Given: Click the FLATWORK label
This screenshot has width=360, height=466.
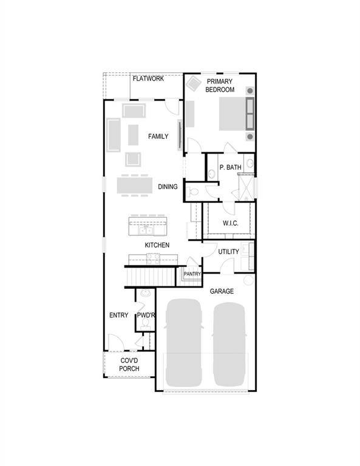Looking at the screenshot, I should [x=148, y=78].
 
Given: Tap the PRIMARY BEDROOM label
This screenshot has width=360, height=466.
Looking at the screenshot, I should [x=220, y=85].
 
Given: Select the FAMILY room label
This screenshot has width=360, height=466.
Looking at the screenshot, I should [x=158, y=137].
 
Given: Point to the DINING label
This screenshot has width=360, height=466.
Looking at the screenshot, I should [x=168, y=187].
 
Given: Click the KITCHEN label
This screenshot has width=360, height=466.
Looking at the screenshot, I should [x=157, y=245].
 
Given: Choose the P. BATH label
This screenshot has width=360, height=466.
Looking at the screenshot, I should [x=231, y=167].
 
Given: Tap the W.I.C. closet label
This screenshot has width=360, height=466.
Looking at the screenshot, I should [x=230, y=223].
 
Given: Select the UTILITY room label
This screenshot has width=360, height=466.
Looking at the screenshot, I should [x=228, y=252].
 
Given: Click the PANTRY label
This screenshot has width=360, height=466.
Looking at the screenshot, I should [x=192, y=274].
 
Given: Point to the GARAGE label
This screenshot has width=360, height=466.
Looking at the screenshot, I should [x=222, y=292].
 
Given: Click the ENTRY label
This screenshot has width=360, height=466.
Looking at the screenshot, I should [x=118, y=316].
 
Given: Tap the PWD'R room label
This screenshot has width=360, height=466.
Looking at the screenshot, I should [x=146, y=316].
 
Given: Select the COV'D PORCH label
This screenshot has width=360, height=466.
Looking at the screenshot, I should [x=129, y=365].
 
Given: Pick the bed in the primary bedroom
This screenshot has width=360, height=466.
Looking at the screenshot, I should [x=228, y=113].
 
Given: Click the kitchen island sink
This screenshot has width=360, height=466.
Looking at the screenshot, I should [x=145, y=230].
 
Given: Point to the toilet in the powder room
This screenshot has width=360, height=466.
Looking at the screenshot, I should [x=144, y=327].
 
